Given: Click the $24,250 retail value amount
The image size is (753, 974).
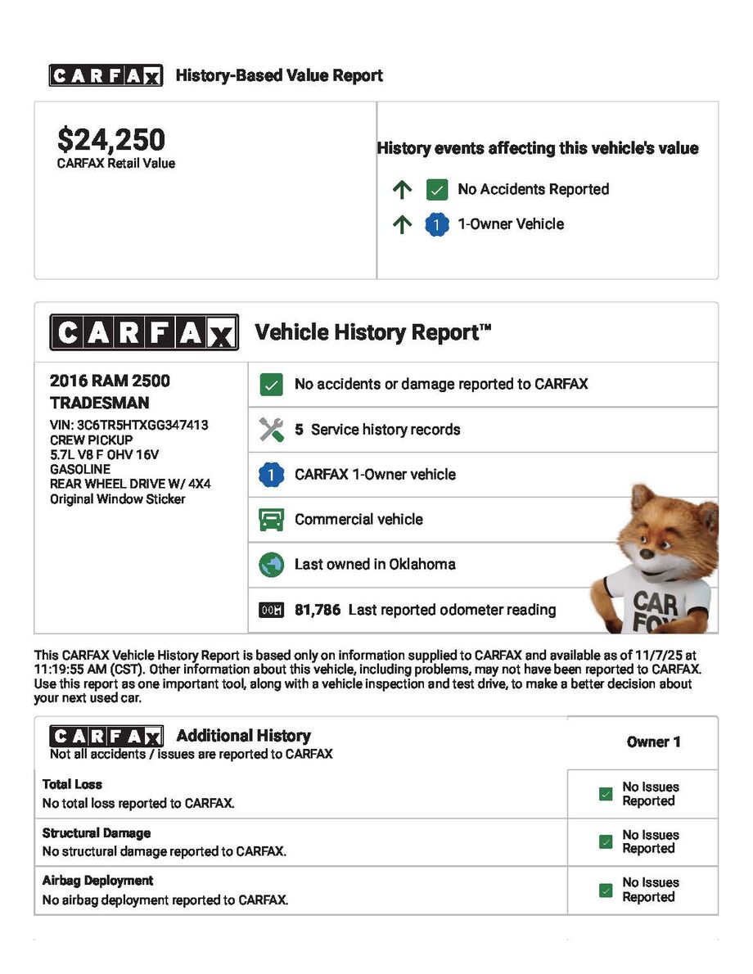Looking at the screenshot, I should (x=111, y=139).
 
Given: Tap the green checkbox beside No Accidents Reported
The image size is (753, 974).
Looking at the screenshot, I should (x=437, y=190).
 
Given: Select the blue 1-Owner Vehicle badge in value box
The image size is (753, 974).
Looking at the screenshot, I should (x=437, y=224).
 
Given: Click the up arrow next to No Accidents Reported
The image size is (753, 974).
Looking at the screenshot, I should (x=401, y=190).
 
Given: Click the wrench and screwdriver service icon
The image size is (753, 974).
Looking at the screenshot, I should (x=271, y=430).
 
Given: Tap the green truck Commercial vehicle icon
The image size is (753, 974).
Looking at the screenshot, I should (x=271, y=520).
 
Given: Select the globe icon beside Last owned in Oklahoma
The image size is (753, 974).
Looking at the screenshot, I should (x=271, y=565).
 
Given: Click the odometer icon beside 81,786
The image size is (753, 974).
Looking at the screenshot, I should (x=271, y=610).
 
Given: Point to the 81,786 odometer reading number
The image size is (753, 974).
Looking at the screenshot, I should (x=318, y=610).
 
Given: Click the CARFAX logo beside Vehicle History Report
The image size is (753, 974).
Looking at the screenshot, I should (x=144, y=333).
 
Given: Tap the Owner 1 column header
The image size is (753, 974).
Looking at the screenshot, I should (x=653, y=742).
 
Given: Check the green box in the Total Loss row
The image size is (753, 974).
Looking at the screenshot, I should (x=606, y=794).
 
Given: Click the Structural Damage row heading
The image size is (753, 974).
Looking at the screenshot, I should (x=97, y=833).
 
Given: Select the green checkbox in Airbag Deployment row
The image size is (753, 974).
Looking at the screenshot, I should (x=606, y=890).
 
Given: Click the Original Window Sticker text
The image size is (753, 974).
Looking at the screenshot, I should (x=118, y=498).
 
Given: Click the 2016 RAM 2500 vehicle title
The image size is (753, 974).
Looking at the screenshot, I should (x=110, y=381).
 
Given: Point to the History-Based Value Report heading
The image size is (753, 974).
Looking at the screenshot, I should (x=279, y=76).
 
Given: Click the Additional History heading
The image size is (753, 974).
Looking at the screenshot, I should (x=243, y=735).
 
